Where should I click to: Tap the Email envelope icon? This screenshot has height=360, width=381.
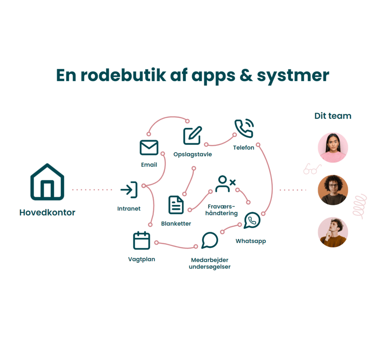click(x=149, y=147)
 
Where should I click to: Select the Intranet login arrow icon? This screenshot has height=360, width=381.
click(x=129, y=190)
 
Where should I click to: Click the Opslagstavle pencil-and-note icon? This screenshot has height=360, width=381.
click(x=192, y=136)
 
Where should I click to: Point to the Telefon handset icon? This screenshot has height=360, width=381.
click(x=244, y=129)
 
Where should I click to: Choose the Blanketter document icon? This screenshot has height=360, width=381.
click(x=176, y=205)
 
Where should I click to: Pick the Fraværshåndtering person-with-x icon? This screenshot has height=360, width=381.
click(x=224, y=184)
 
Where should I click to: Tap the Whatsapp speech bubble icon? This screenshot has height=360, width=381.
click(x=252, y=220)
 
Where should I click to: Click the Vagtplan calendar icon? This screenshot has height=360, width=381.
click(x=141, y=240)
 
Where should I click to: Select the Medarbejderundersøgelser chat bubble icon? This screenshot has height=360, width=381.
click(x=210, y=240)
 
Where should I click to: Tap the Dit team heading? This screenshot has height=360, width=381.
click(x=333, y=116)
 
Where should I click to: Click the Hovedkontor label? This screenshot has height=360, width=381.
click(x=47, y=213)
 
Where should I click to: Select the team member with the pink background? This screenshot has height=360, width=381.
click(x=333, y=148)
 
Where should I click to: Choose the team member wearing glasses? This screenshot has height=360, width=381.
click(x=333, y=190)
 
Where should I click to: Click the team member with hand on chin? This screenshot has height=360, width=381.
click(x=333, y=232)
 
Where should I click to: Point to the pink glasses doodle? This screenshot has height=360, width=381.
click(x=312, y=169)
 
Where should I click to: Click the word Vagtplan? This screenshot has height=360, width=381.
click(x=141, y=259)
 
